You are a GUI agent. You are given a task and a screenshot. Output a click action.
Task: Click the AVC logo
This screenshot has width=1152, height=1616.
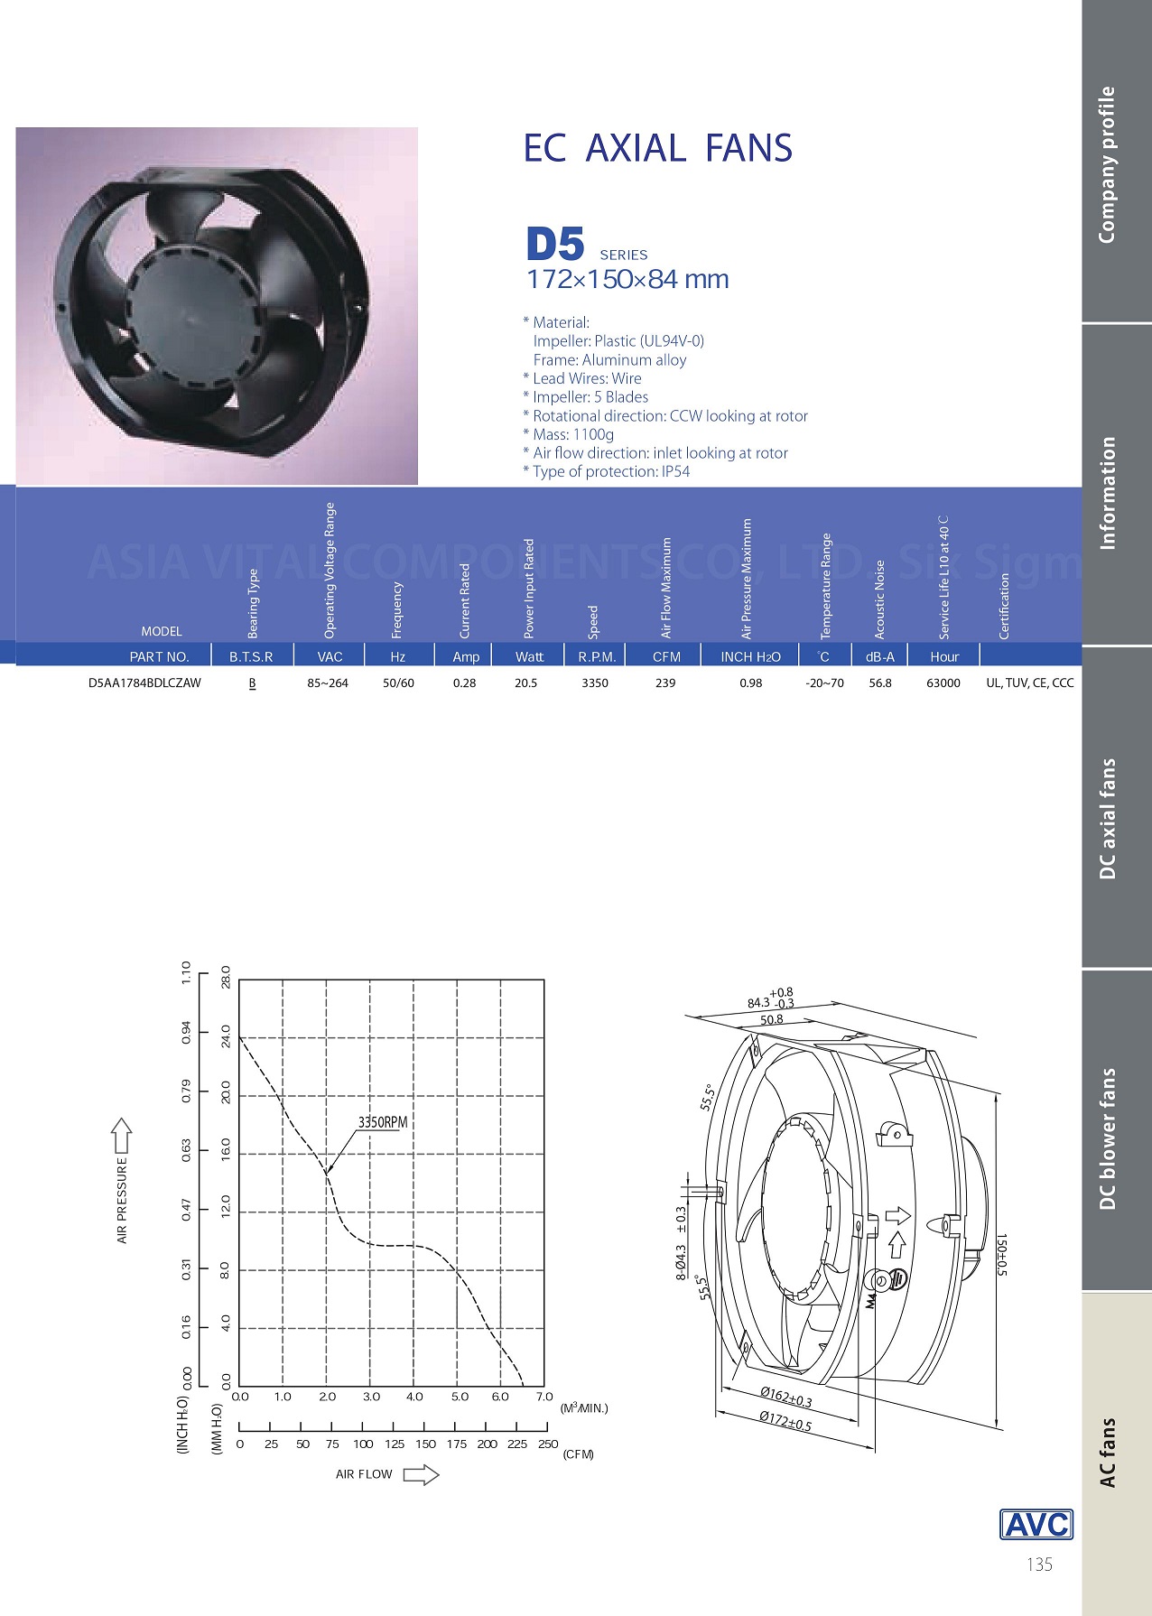1036,1524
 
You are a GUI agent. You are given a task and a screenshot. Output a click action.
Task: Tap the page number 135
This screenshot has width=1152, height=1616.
1039,1565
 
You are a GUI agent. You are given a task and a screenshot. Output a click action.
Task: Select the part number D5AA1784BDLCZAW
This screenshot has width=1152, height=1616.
144,683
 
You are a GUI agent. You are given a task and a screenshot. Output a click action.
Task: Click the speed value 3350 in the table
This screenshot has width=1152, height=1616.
595,683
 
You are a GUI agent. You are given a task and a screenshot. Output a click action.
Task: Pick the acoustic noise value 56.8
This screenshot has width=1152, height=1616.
880,683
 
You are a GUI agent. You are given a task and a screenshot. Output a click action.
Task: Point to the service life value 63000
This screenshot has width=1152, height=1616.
943,683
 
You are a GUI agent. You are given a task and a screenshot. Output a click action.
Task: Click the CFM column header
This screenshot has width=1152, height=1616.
666,656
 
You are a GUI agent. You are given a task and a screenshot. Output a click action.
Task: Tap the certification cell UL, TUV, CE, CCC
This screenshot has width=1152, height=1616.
1030,683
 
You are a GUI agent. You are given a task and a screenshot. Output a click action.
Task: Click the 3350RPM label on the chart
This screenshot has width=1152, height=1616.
383,1122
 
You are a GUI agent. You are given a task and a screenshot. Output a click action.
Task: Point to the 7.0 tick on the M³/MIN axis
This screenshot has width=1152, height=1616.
543,1397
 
